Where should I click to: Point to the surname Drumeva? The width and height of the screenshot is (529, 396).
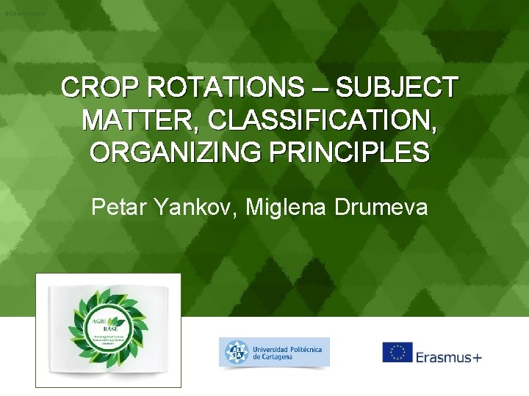382,208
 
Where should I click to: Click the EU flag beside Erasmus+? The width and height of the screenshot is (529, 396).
397,352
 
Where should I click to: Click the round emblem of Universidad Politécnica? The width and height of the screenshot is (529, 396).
234,353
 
